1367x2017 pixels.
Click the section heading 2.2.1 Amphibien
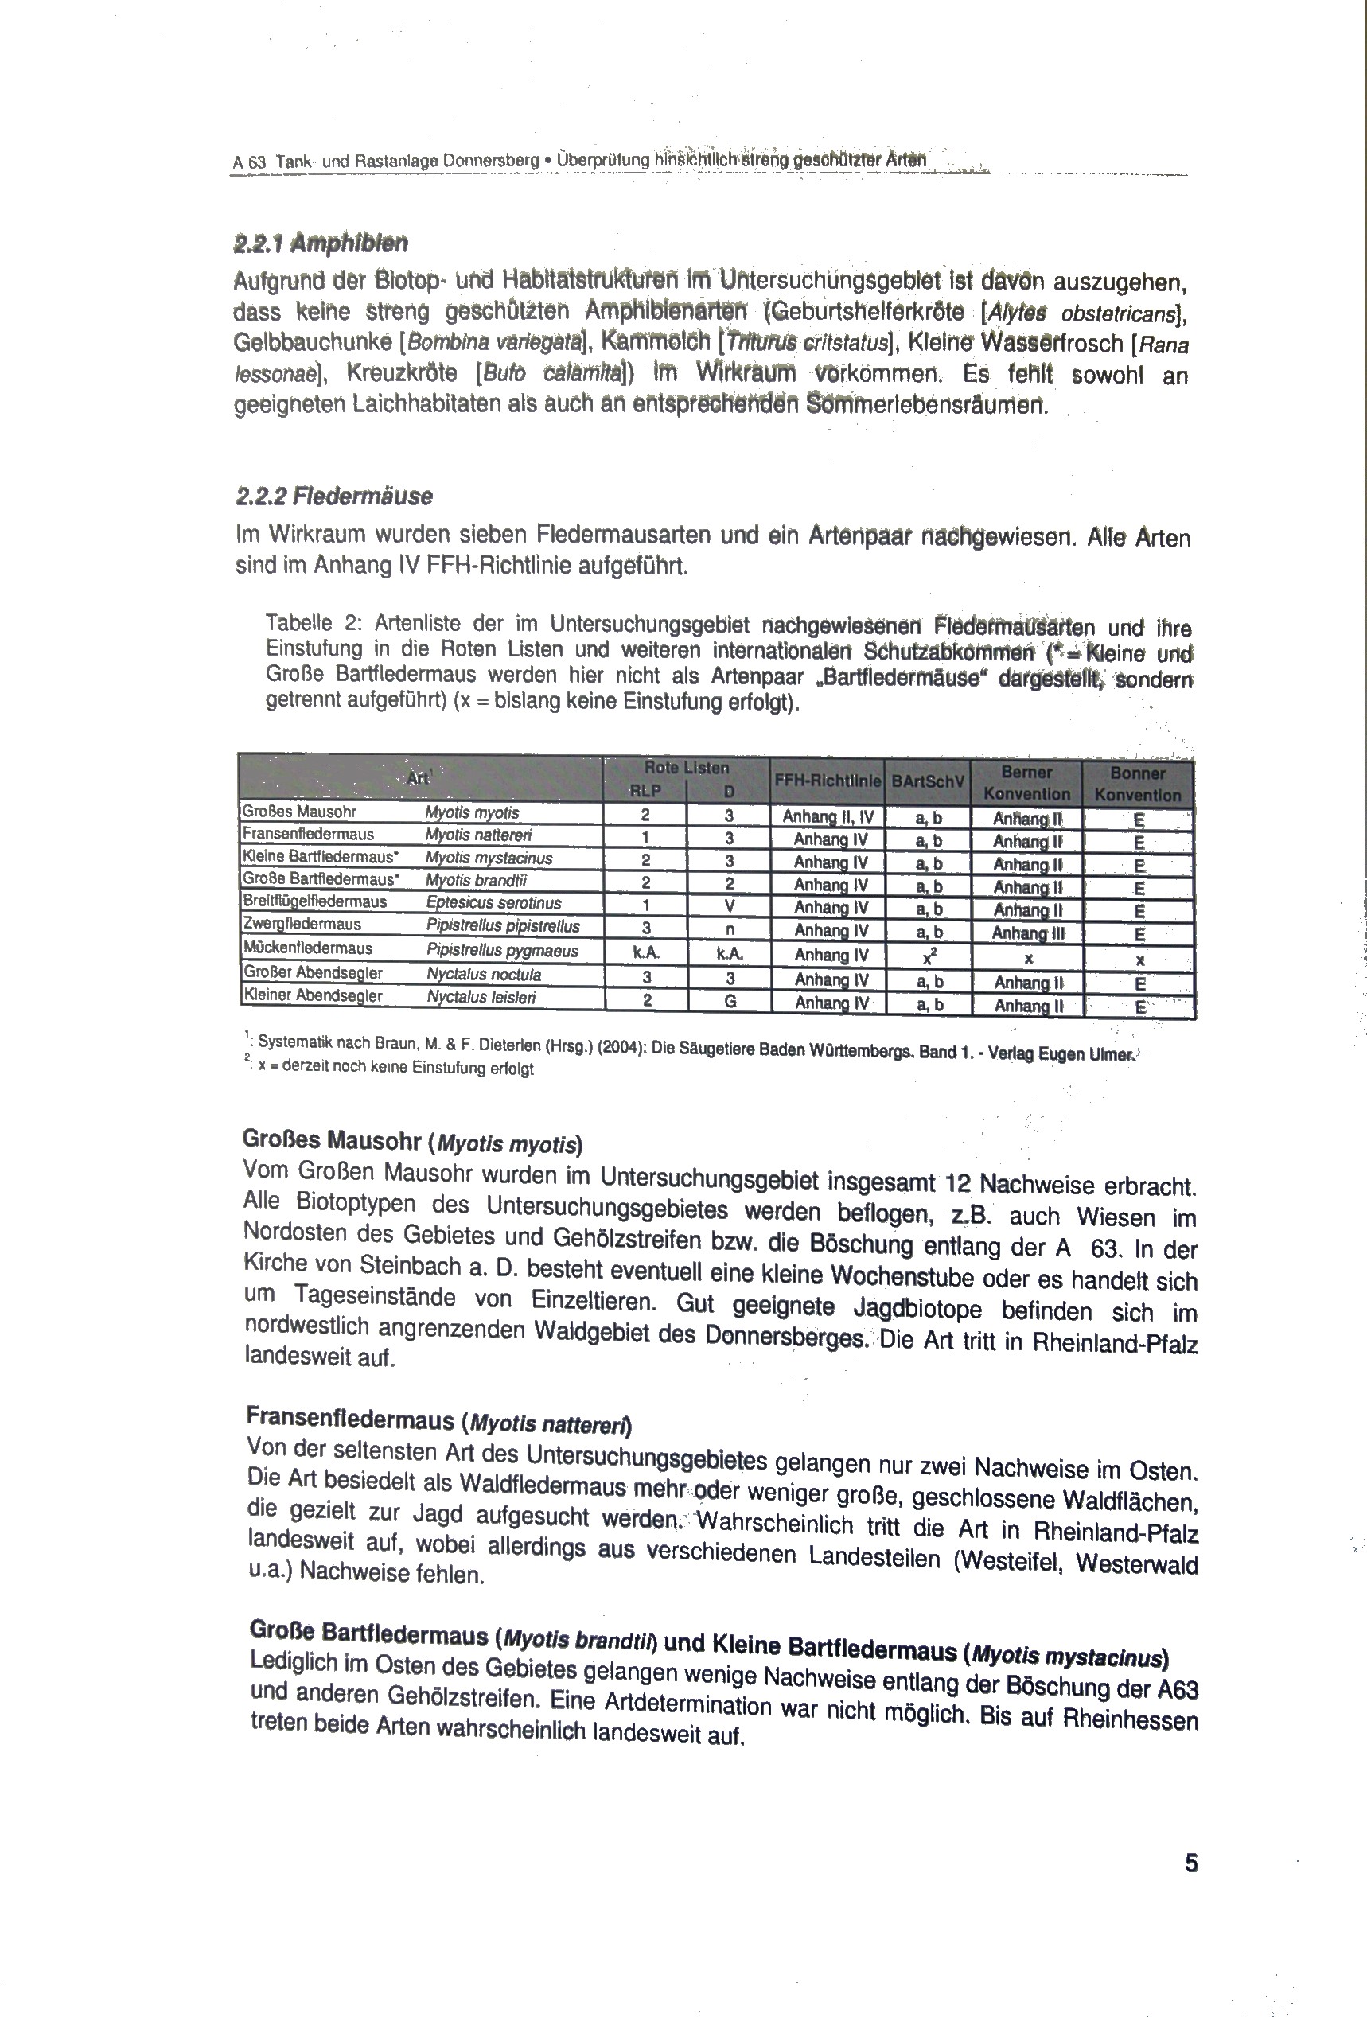coord(321,243)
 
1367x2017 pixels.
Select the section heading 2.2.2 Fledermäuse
coord(334,496)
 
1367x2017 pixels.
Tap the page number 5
coord(1191,1863)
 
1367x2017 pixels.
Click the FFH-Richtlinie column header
coord(828,781)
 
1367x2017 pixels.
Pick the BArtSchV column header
coord(927,782)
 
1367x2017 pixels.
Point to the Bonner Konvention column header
coord(1137,784)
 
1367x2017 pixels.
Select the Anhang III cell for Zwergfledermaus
coord(1027,934)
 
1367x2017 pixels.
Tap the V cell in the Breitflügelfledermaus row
coord(729,906)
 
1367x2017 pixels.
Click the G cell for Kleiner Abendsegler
coord(730,1001)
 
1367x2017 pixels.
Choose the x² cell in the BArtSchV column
coord(928,957)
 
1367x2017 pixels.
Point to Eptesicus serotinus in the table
coord(493,902)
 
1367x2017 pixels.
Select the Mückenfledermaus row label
coord(307,948)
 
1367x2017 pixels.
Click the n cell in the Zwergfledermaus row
coord(729,929)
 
